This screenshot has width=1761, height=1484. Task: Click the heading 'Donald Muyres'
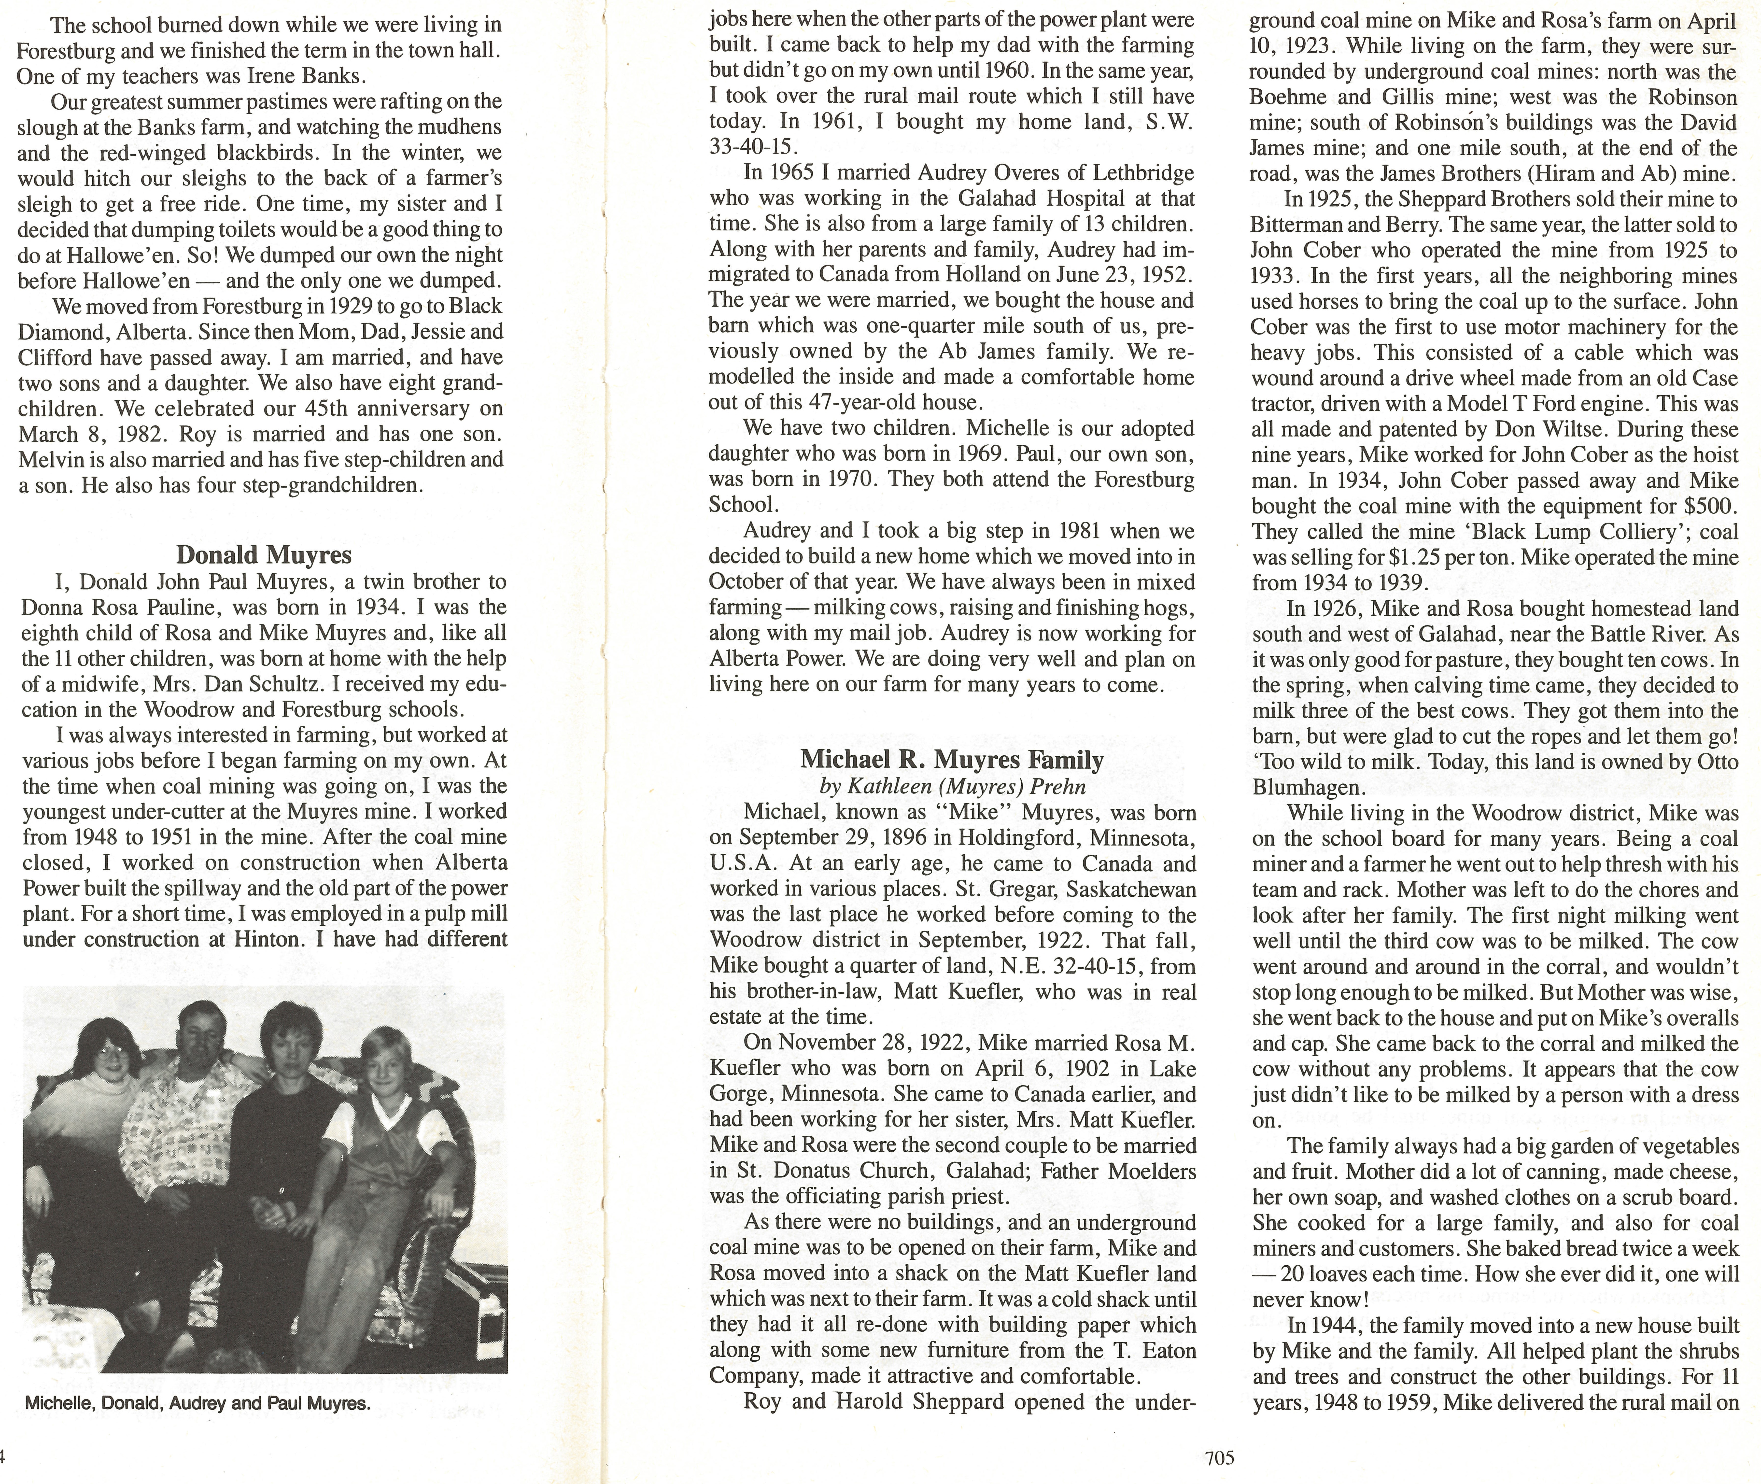[x=263, y=555]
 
